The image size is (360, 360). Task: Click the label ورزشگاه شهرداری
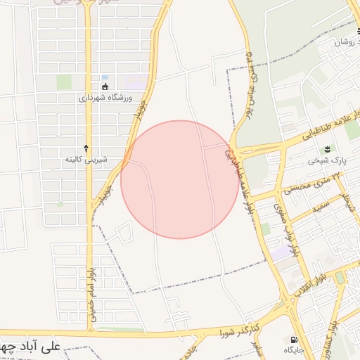[105, 99]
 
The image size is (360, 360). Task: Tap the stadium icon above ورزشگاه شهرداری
[105, 87]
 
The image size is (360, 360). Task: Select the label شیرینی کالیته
[86, 160]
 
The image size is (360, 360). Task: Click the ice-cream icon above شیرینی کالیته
[86, 148]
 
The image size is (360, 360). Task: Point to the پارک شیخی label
[323, 161]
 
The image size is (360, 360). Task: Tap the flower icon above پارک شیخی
[326, 149]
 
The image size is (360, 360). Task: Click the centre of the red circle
[180, 179]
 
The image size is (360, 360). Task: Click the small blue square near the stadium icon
[105, 77]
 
